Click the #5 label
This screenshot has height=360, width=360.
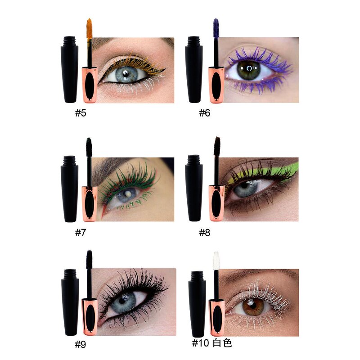coord(81,112)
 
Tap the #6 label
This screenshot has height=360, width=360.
coord(205,112)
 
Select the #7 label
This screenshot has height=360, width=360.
coord(81,233)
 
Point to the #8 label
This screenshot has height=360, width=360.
coord(205,233)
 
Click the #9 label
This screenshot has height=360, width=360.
coord(81,345)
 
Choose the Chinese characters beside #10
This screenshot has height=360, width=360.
coord(223,343)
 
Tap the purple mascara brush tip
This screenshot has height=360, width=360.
coord(216,27)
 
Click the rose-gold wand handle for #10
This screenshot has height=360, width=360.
coord(216,318)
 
